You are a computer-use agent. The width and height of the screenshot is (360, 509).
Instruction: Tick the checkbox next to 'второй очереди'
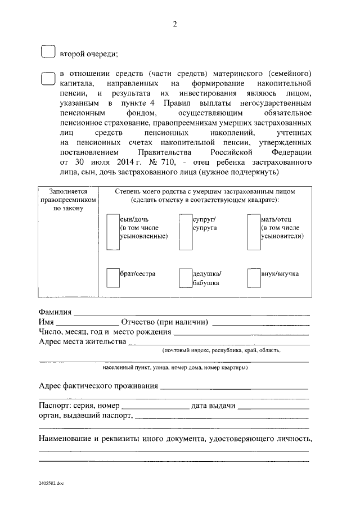coord(48,52)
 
